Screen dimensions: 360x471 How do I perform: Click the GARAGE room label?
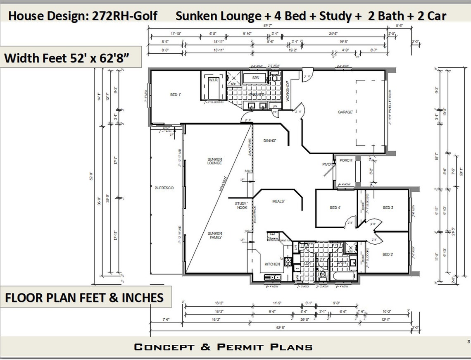[x=345, y=112]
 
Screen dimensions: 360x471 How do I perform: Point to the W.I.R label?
[x=213, y=80]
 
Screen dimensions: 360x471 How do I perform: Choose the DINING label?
[x=269, y=141]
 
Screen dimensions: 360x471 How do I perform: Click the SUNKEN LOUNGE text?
[x=215, y=161]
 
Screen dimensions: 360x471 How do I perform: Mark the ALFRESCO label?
[x=164, y=188]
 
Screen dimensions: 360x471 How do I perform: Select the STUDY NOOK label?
[x=241, y=205]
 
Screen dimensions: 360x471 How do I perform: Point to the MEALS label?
[x=278, y=201]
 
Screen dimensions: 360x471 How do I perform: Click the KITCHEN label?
[x=273, y=264]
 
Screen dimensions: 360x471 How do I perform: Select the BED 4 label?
[x=335, y=207]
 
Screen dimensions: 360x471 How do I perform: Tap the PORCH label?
[x=345, y=160]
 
